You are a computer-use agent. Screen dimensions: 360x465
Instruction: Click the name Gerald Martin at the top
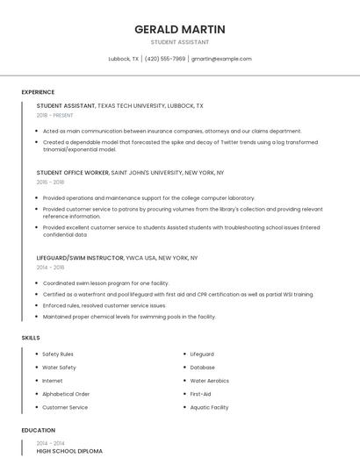pyautogui.click(x=180, y=29)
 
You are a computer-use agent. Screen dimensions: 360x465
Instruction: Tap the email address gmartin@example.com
pyautogui.click(x=221, y=59)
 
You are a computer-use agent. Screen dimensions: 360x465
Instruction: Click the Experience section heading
pyautogui.click(x=38, y=92)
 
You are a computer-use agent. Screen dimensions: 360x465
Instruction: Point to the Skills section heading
pyautogui.click(x=30, y=337)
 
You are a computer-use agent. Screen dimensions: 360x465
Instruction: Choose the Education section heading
pyautogui.click(x=38, y=431)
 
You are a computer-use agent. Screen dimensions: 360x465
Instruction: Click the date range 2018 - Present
pyautogui.click(x=55, y=115)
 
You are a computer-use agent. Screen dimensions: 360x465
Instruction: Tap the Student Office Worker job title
pyautogui.click(x=73, y=173)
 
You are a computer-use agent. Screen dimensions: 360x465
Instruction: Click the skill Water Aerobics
pyautogui.click(x=210, y=381)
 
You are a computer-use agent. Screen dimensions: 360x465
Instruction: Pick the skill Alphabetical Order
pyautogui.click(x=66, y=394)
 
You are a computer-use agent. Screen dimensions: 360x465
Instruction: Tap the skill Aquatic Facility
pyautogui.click(x=209, y=407)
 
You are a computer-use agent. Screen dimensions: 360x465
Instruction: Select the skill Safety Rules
pyautogui.click(x=58, y=354)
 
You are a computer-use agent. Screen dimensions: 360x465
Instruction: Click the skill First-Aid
pyautogui.click(x=200, y=394)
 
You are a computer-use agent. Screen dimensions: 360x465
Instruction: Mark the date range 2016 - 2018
pyautogui.click(x=50, y=182)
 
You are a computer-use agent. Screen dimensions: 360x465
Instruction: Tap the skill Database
pyautogui.click(x=202, y=368)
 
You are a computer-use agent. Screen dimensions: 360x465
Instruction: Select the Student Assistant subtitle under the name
pyautogui.click(x=180, y=42)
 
